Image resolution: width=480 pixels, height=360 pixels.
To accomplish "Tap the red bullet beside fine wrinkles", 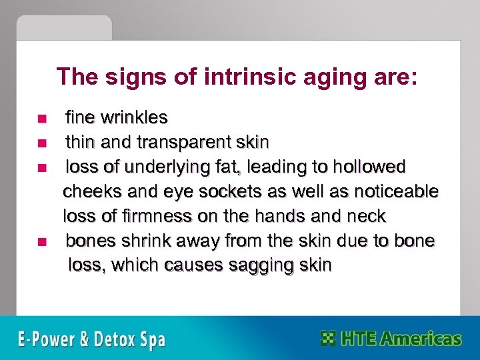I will pyautogui.click(x=41, y=119).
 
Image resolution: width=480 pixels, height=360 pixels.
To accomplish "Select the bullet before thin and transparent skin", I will pyautogui.click(x=41, y=143).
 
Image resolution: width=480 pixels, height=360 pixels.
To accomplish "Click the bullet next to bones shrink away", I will pyautogui.click(x=41, y=241).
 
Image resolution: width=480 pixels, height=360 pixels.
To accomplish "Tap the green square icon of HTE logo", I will pyautogui.click(x=328, y=338).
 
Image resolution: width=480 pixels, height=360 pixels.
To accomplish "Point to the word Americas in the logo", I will pyautogui.click(x=419, y=338).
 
